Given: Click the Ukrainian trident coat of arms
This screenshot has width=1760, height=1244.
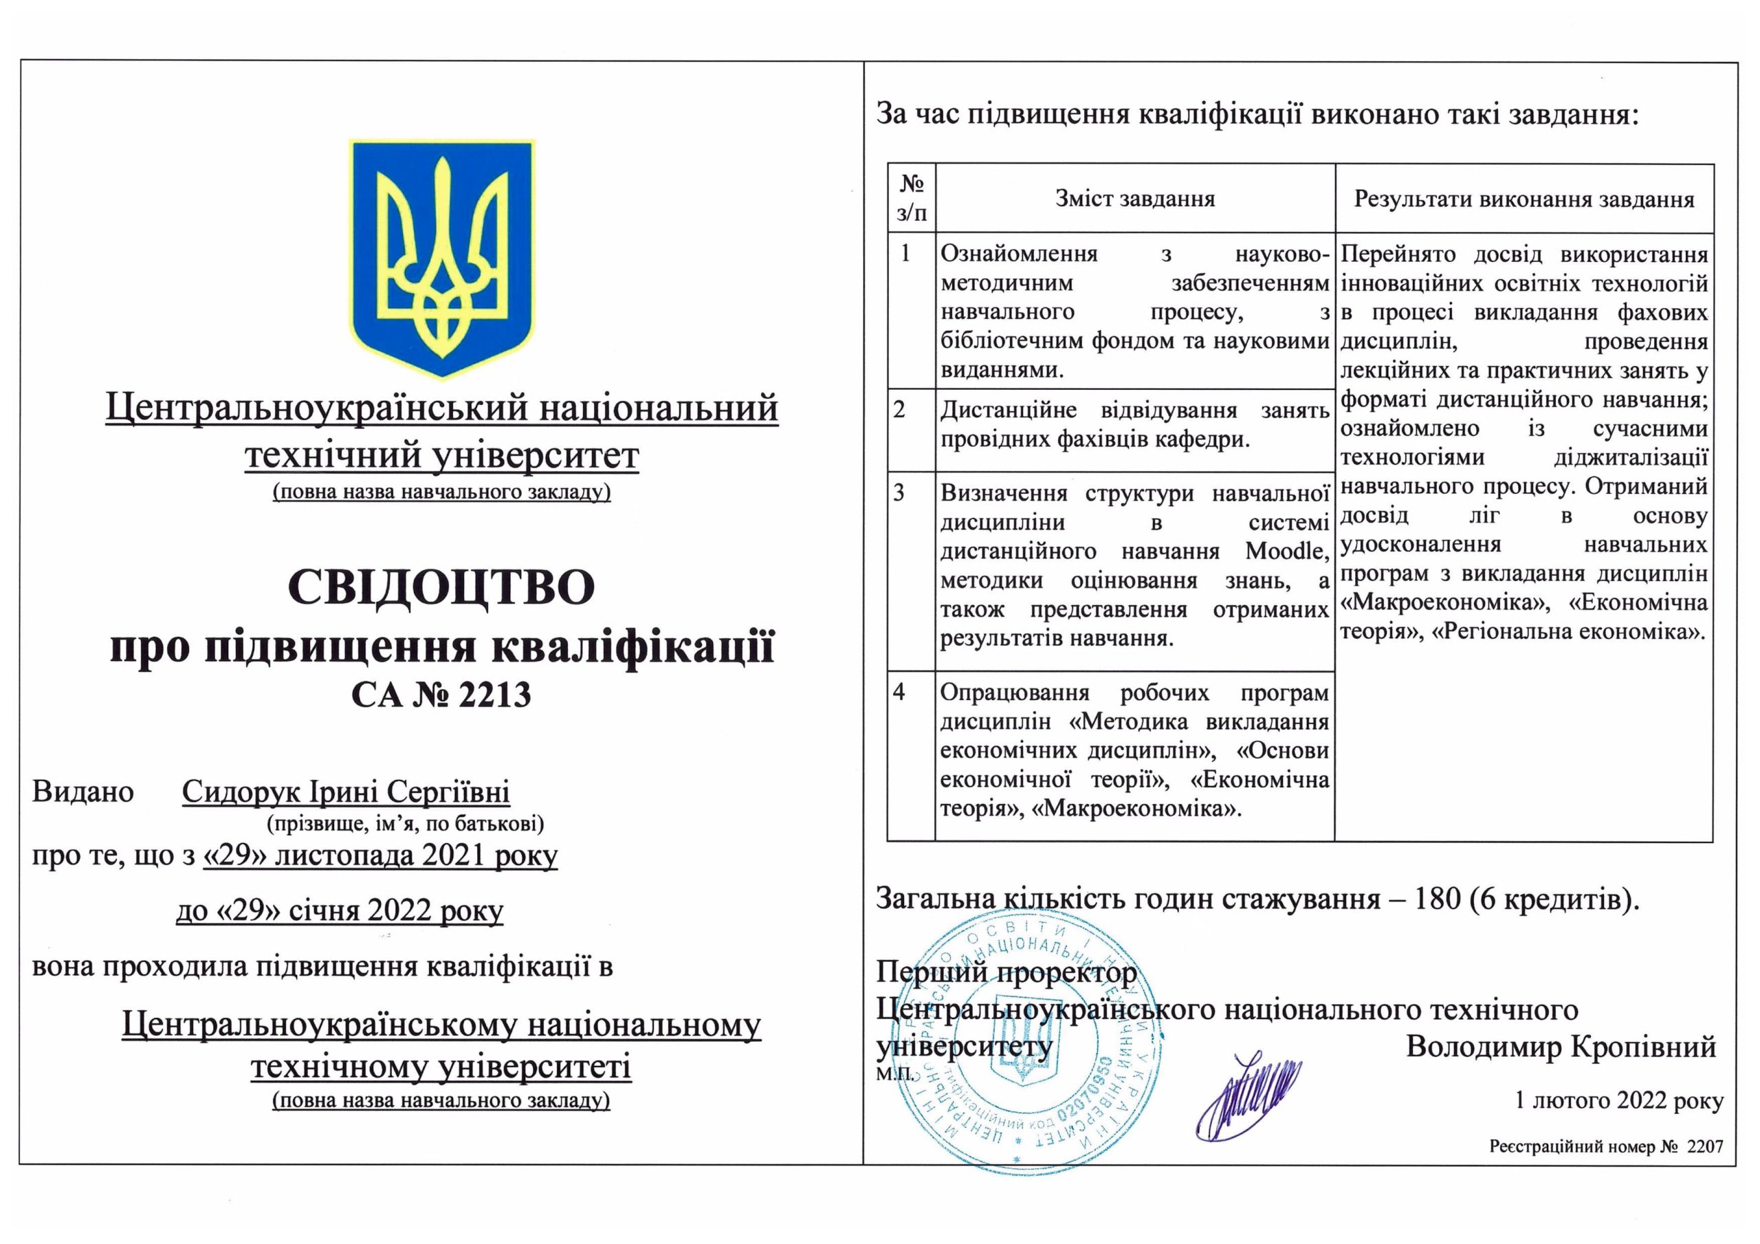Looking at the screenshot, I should (441, 258).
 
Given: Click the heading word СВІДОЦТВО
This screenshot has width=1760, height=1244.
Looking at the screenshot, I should (441, 587).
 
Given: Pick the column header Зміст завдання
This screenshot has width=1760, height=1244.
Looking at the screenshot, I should (1134, 199).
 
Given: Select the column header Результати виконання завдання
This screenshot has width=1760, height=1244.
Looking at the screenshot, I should (1524, 199).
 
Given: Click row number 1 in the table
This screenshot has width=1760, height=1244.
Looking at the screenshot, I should (906, 253).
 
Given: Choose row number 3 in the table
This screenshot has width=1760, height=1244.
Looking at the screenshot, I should (900, 492).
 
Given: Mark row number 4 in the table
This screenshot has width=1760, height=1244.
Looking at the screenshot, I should (900, 692).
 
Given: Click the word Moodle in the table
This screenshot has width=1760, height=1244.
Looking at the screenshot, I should (1286, 552).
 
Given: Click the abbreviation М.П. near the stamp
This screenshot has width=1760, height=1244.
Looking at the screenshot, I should (894, 1073).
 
